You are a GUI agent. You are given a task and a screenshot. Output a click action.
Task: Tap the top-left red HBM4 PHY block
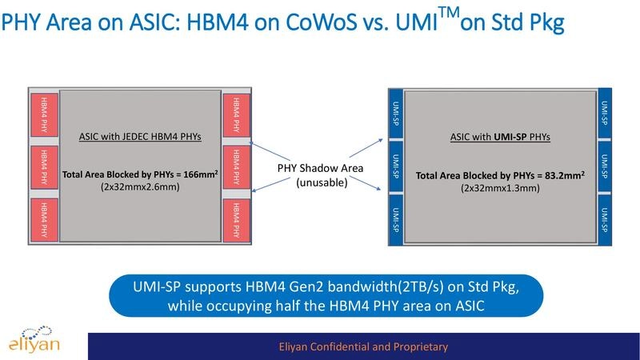click(x=43, y=116)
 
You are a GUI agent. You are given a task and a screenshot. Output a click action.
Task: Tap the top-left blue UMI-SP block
click(x=394, y=115)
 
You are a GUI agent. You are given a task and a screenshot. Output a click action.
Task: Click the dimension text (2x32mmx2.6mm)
click(x=140, y=188)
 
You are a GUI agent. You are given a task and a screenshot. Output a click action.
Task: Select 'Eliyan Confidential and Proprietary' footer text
click(x=358, y=346)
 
